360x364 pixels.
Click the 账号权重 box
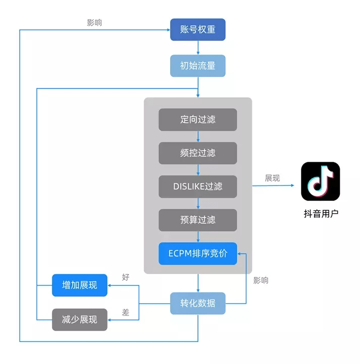point(197,30)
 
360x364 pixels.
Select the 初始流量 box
point(197,66)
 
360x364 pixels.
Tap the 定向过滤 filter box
point(197,119)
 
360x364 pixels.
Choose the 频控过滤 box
point(197,153)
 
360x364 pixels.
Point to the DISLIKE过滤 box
point(197,186)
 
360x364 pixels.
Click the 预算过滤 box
point(197,220)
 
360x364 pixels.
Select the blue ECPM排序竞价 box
point(197,253)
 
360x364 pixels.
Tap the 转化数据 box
point(197,303)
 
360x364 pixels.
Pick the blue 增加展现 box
point(80,286)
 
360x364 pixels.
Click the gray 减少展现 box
point(80,320)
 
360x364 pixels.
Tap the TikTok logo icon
point(321,181)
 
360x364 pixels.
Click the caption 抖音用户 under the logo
point(321,213)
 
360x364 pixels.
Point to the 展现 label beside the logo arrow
point(273,178)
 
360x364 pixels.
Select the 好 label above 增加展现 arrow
point(126,278)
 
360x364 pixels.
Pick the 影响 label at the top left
point(94,23)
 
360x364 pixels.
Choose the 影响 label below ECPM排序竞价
point(261,281)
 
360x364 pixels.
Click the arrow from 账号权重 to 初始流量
point(197,48)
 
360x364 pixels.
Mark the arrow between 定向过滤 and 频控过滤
point(197,136)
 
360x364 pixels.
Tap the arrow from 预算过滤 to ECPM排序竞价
point(197,237)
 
